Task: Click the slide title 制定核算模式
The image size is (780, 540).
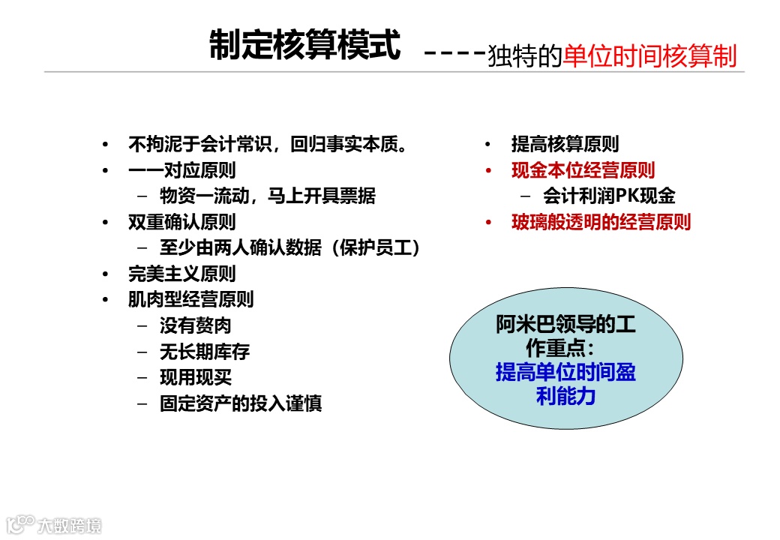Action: [304, 46]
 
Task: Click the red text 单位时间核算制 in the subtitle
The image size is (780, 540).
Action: [649, 56]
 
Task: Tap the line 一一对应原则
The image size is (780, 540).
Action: [181, 170]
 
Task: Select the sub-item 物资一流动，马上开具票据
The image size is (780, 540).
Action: [268, 196]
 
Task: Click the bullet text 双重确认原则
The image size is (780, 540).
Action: [181, 222]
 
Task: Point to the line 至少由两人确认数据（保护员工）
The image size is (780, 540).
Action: [289, 247]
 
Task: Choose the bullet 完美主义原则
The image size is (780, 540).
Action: [181, 273]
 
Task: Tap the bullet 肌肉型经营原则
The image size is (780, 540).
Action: [190, 299]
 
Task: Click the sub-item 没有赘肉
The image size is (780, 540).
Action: [195, 325]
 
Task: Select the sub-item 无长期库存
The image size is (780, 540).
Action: [204, 351]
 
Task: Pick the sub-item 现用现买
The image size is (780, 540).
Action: [195, 377]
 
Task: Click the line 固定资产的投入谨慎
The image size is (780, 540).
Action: [241, 403]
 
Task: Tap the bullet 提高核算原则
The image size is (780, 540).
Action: [565, 144]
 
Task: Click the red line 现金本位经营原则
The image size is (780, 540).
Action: [583, 170]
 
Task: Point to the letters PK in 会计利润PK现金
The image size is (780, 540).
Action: [627, 196]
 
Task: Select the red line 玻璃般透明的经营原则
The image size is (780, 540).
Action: [601, 222]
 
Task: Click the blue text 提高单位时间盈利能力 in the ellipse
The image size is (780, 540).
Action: [565, 383]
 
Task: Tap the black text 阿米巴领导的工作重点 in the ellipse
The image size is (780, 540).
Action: [565, 336]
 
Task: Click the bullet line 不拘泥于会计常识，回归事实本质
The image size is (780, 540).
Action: [268, 144]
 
